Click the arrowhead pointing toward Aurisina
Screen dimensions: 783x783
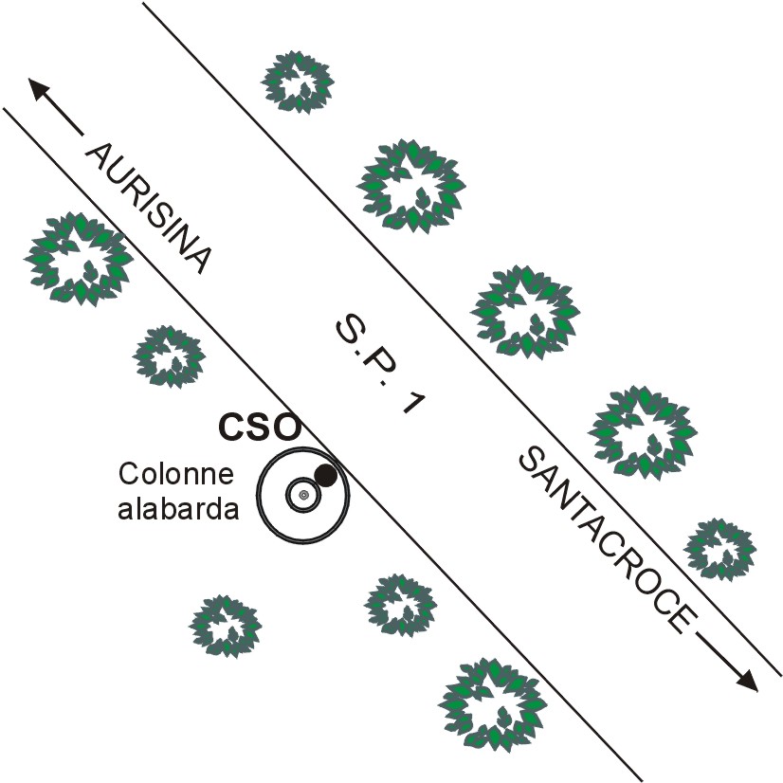point(39,89)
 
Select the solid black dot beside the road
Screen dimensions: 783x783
point(325,475)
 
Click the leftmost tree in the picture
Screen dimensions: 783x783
point(78,257)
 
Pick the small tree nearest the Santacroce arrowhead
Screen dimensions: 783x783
point(719,548)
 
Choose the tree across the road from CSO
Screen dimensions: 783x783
point(523,311)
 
